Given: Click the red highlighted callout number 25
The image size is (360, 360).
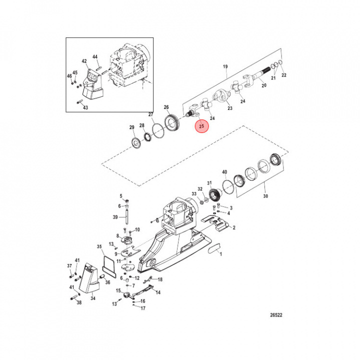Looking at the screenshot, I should tap(202, 127).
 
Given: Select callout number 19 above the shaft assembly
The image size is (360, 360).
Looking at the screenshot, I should tap(225, 66).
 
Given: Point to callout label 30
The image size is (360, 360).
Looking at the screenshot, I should tap(265, 196).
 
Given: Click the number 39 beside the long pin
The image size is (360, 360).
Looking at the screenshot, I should tap(115, 217).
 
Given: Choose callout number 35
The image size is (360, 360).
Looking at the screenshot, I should tap(99, 246).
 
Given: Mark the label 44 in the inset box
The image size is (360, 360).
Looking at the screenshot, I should tap(95, 58).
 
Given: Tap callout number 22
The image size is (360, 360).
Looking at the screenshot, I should tap(284, 75).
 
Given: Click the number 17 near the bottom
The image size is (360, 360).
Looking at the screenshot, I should tap(142, 308).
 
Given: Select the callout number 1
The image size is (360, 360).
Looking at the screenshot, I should tap(221, 254).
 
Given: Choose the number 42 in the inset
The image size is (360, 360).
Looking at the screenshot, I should tap(84, 62).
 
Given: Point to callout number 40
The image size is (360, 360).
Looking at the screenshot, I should tap(224, 172).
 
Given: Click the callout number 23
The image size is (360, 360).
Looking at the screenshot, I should tap(230, 107).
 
